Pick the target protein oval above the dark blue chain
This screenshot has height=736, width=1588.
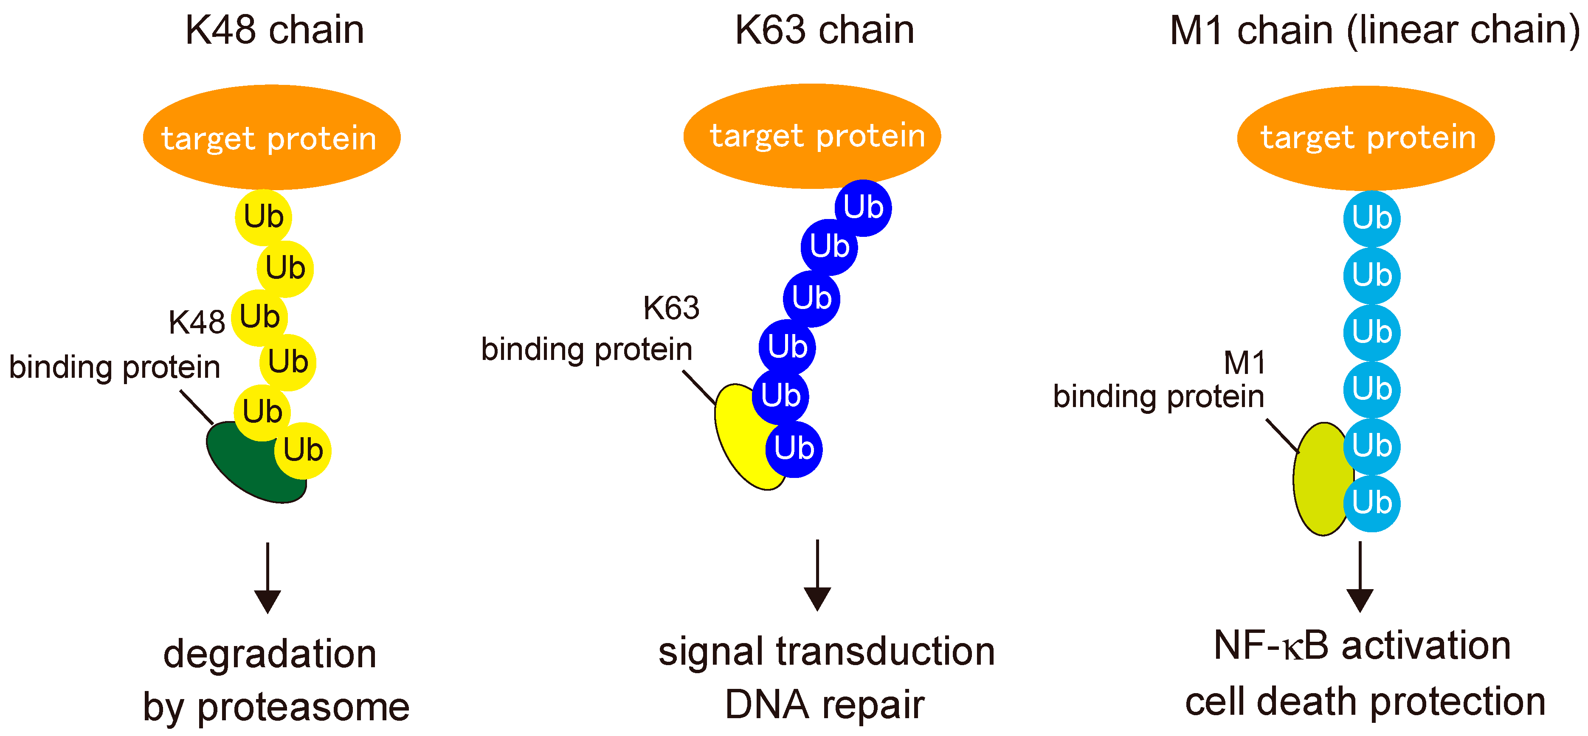(x=812, y=135)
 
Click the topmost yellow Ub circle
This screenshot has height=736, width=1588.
(x=263, y=217)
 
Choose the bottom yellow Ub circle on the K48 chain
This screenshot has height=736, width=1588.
(x=303, y=451)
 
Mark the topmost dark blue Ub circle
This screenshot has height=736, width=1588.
(x=863, y=208)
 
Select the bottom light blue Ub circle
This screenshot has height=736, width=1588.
(x=1371, y=503)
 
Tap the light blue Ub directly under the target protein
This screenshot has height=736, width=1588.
(x=1371, y=218)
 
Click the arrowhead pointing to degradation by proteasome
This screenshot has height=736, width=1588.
(x=267, y=601)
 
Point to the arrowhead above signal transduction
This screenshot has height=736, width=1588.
(x=817, y=598)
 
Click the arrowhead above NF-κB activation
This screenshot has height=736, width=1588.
(x=1359, y=599)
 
